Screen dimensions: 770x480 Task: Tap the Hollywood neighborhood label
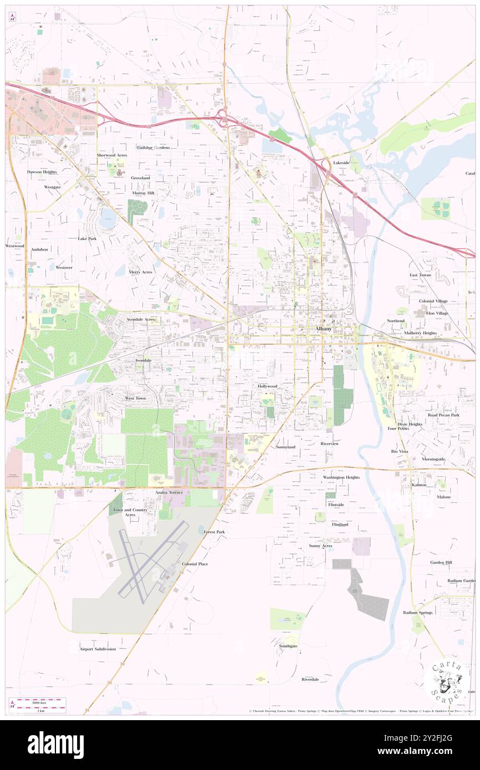267,386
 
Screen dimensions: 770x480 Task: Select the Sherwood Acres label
112,155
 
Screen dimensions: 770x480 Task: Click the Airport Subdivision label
98,649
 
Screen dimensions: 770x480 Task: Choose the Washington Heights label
341,477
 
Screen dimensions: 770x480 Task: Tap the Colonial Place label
195,563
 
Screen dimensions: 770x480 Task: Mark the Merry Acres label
140,272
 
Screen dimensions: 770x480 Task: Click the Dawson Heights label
42,172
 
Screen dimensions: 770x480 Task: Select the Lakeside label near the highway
341,163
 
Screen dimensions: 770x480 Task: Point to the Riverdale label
310,679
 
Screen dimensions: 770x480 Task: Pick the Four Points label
398,428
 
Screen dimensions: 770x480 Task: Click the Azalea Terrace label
168,492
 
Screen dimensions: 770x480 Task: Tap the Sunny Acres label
320,546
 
